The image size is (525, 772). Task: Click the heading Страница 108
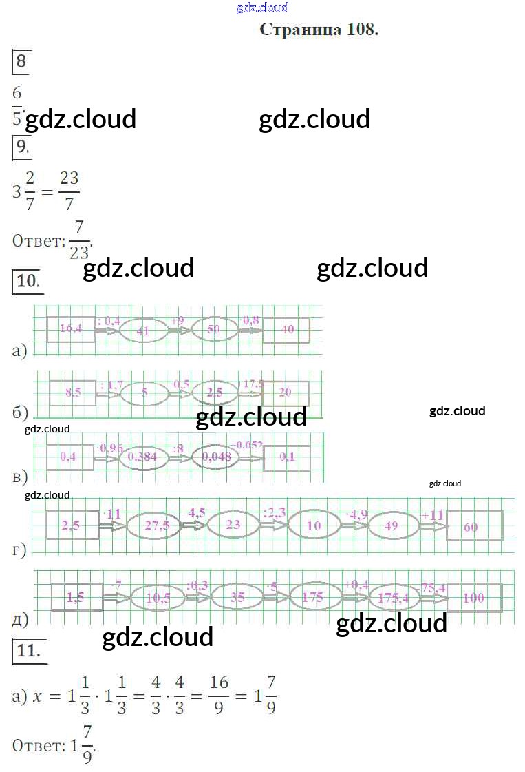click(x=319, y=30)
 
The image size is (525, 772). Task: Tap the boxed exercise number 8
click(x=21, y=61)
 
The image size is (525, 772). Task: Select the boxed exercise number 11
click(x=29, y=651)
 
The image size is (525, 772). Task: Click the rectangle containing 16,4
click(x=71, y=328)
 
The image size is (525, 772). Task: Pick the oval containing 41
click(x=143, y=331)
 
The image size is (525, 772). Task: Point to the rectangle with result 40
click(x=287, y=329)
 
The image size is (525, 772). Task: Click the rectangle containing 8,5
click(x=72, y=393)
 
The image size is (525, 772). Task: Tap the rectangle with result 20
click(x=286, y=392)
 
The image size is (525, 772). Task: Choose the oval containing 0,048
click(x=216, y=455)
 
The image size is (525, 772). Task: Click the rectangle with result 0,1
click(x=287, y=456)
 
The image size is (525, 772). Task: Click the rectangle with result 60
click(x=473, y=526)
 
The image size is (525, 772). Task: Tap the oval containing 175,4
click(x=394, y=598)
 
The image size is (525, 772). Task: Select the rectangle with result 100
click(x=474, y=597)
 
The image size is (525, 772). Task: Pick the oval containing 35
click(x=237, y=597)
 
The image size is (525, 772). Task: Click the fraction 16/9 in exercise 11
click(x=219, y=696)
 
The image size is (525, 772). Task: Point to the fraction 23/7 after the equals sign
click(x=69, y=191)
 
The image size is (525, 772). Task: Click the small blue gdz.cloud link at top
click(x=262, y=8)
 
